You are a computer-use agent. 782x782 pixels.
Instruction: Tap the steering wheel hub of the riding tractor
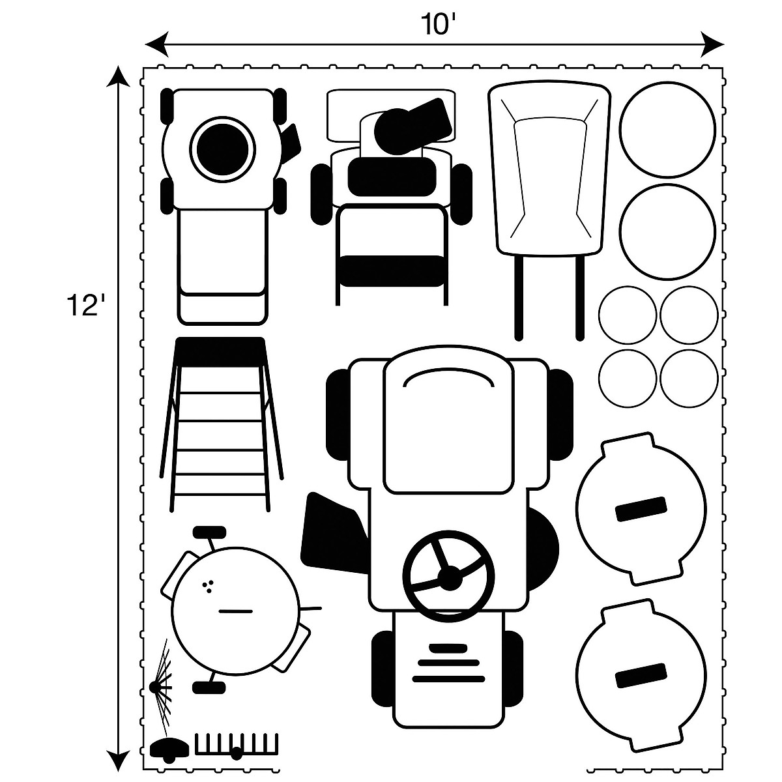pyautogui.click(x=449, y=579)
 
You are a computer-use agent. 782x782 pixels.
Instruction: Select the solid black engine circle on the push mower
pyautogui.click(x=222, y=149)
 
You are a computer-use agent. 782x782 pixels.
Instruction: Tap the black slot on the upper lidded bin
pyautogui.click(x=641, y=508)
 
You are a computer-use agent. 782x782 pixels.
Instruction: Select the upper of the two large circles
pyautogui.click(x=667, y=130)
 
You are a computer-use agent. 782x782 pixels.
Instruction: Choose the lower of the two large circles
pyautogui.click(x=667, y=232)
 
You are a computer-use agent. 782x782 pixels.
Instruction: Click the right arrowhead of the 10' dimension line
pyautogui.click(x=712, y=44)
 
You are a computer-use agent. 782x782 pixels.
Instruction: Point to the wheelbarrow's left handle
pyautogui.click(x=518, y=297)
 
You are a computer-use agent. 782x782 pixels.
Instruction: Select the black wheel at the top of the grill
pyautogui.click(x=209, y=532)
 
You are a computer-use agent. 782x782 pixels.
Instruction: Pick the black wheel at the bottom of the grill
pyautogui.click(x=209, y=687)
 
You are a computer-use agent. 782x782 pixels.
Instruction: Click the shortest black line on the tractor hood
pyautogui.click(x=448, y=647)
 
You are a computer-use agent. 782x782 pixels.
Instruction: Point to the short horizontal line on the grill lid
pyautogui.click(x=236, y=611)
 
